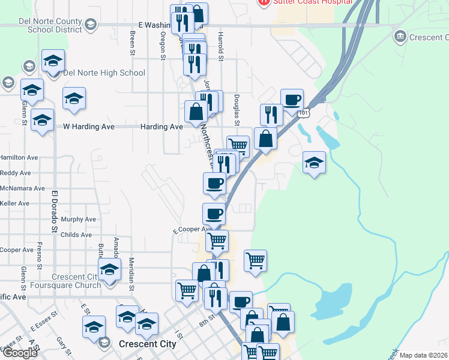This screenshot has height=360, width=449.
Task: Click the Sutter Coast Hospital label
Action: coord(312,2)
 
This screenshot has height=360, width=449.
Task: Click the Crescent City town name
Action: coord(148,344)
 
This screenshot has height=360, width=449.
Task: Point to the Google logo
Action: coord(20,353)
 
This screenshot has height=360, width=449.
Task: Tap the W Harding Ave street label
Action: coord(89,127)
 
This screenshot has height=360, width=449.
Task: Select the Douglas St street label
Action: coord(237,110)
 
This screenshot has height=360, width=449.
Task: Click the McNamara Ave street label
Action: coord(22,188)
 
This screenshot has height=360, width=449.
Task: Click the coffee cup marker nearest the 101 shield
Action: coord(292,100)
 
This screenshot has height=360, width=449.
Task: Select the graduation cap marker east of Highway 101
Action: coord(313,163)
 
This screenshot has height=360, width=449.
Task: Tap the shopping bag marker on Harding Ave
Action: coord(196,112)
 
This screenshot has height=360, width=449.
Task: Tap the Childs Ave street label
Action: coord(76,235)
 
